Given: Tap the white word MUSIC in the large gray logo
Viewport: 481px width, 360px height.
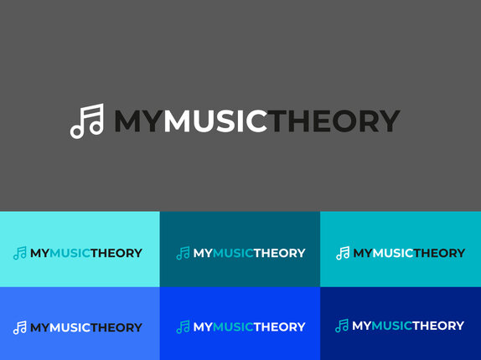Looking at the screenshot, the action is (215, 121).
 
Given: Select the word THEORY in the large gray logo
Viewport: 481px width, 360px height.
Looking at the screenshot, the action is (334, 121).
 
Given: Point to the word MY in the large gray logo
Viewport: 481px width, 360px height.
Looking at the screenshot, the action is (138, 121).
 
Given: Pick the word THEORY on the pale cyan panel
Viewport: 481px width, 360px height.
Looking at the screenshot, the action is (116, 253).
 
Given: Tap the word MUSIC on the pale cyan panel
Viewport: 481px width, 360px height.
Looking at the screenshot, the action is (70, 253).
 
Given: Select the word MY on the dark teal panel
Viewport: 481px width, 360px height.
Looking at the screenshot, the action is (203, 253).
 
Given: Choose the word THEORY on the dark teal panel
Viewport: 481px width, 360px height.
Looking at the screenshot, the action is (280, 253).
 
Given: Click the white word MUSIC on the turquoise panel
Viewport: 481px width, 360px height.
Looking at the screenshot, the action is (393, 253).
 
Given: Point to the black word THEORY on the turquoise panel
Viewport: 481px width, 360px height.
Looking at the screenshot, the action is (440, 253).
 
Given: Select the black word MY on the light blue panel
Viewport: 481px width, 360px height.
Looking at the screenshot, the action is (39, 327).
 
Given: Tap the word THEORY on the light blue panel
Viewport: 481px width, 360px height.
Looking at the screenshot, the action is (116, 327).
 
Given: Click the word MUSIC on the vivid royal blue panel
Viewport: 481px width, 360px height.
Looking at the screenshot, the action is (233, 327).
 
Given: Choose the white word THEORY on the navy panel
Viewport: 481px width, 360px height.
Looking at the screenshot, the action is (438, 326).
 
